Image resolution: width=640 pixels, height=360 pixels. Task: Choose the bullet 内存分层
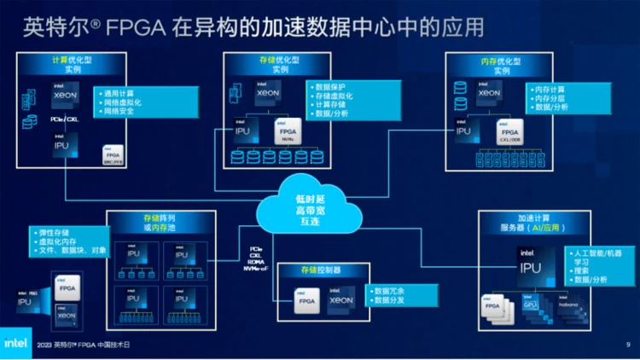click(x=550, y=98)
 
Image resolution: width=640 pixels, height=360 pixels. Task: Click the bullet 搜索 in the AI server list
click(x=584, y=270)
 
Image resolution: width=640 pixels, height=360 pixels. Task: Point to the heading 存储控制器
click(x=319, y=270)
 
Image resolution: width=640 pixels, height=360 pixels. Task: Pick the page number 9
click(x=628, y=344)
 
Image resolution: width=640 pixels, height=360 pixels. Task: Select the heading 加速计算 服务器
click(x=529, y=224)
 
